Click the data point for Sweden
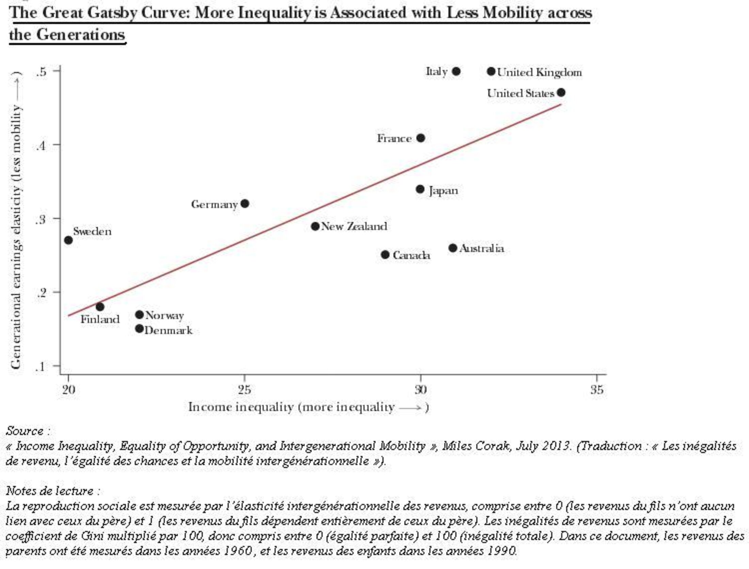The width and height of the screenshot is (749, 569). click(x=68, y=240)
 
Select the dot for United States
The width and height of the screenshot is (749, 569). click(x=561, y=92)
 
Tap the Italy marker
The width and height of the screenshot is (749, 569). click(x=457, y=72)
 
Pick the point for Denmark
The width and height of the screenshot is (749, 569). click(x=139, y=329)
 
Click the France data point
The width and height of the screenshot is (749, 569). click(x=421, y=138)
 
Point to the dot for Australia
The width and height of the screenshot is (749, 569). click(x=453, y=248)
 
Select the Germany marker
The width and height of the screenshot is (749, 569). click(x=245, y=204)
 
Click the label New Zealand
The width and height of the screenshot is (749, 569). click(x=354, y=226)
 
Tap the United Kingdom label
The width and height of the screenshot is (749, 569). click(x=539, y=73)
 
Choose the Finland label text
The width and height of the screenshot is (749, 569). click(x=100, y=319)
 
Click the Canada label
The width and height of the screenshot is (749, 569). click(x=411, y=255)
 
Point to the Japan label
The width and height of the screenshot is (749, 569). click(x=443, y=191)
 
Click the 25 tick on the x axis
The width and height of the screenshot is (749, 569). click(x=244, y=389)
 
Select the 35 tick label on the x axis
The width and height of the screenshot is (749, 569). click(x=597, y=389)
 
